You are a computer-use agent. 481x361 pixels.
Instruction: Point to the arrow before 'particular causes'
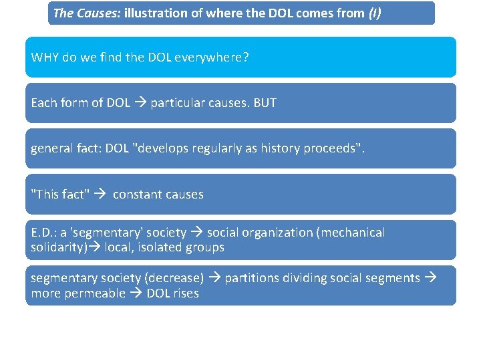[x=140, y=103]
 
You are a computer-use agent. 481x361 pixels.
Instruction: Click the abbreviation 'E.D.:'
[x=45, y=233]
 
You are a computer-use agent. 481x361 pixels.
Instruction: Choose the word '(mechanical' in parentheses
[x=351, y=233]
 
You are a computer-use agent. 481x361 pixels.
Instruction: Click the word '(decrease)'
[x=177, y=278]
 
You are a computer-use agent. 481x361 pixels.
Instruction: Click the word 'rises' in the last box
[x=185, y=293]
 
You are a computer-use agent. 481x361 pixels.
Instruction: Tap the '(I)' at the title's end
[x=375, y=13]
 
